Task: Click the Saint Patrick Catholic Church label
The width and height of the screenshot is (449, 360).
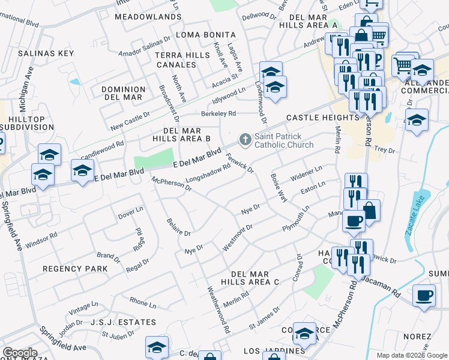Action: click(284, 140)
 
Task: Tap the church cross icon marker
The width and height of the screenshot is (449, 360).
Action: click(245, 140)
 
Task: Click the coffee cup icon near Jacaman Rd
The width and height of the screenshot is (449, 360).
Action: click(424, 295)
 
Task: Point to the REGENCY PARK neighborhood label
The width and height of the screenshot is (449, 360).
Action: click(76, 269)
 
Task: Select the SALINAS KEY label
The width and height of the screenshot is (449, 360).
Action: click(46, 53)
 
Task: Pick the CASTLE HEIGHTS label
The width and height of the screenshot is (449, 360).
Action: click(314, 118)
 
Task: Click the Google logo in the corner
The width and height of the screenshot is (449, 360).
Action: click(19, 353)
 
